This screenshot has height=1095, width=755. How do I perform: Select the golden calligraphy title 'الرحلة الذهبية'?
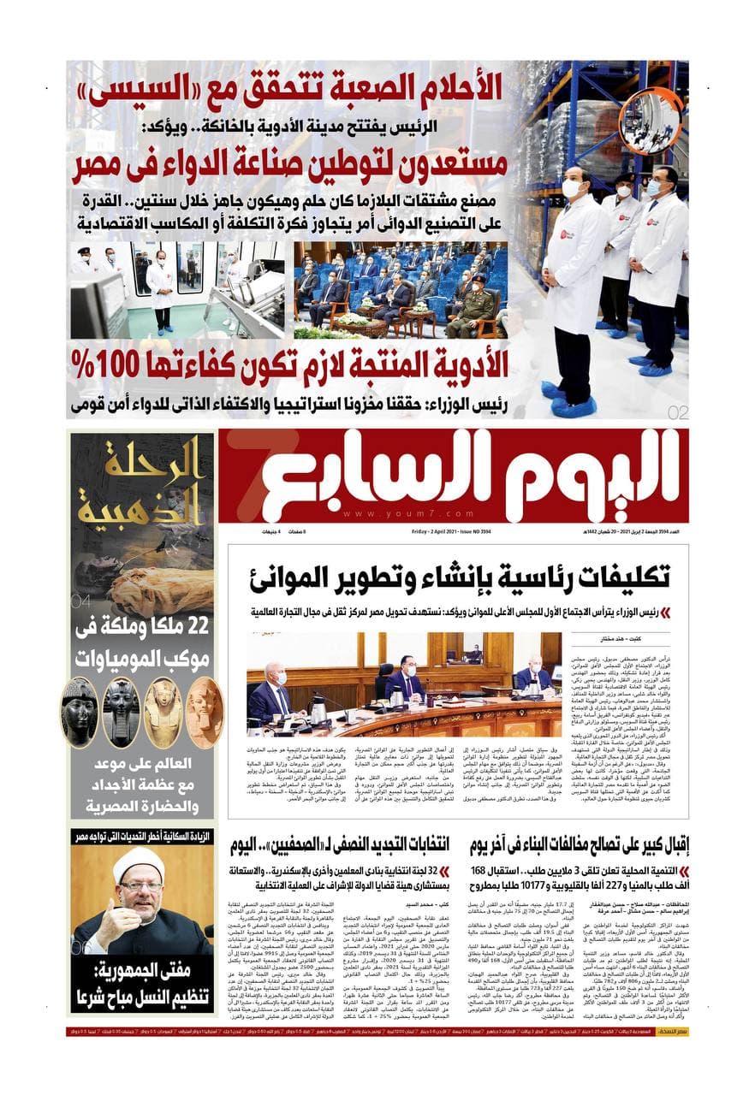(143, 482)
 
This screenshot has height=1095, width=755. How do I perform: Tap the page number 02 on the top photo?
(676, 411)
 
